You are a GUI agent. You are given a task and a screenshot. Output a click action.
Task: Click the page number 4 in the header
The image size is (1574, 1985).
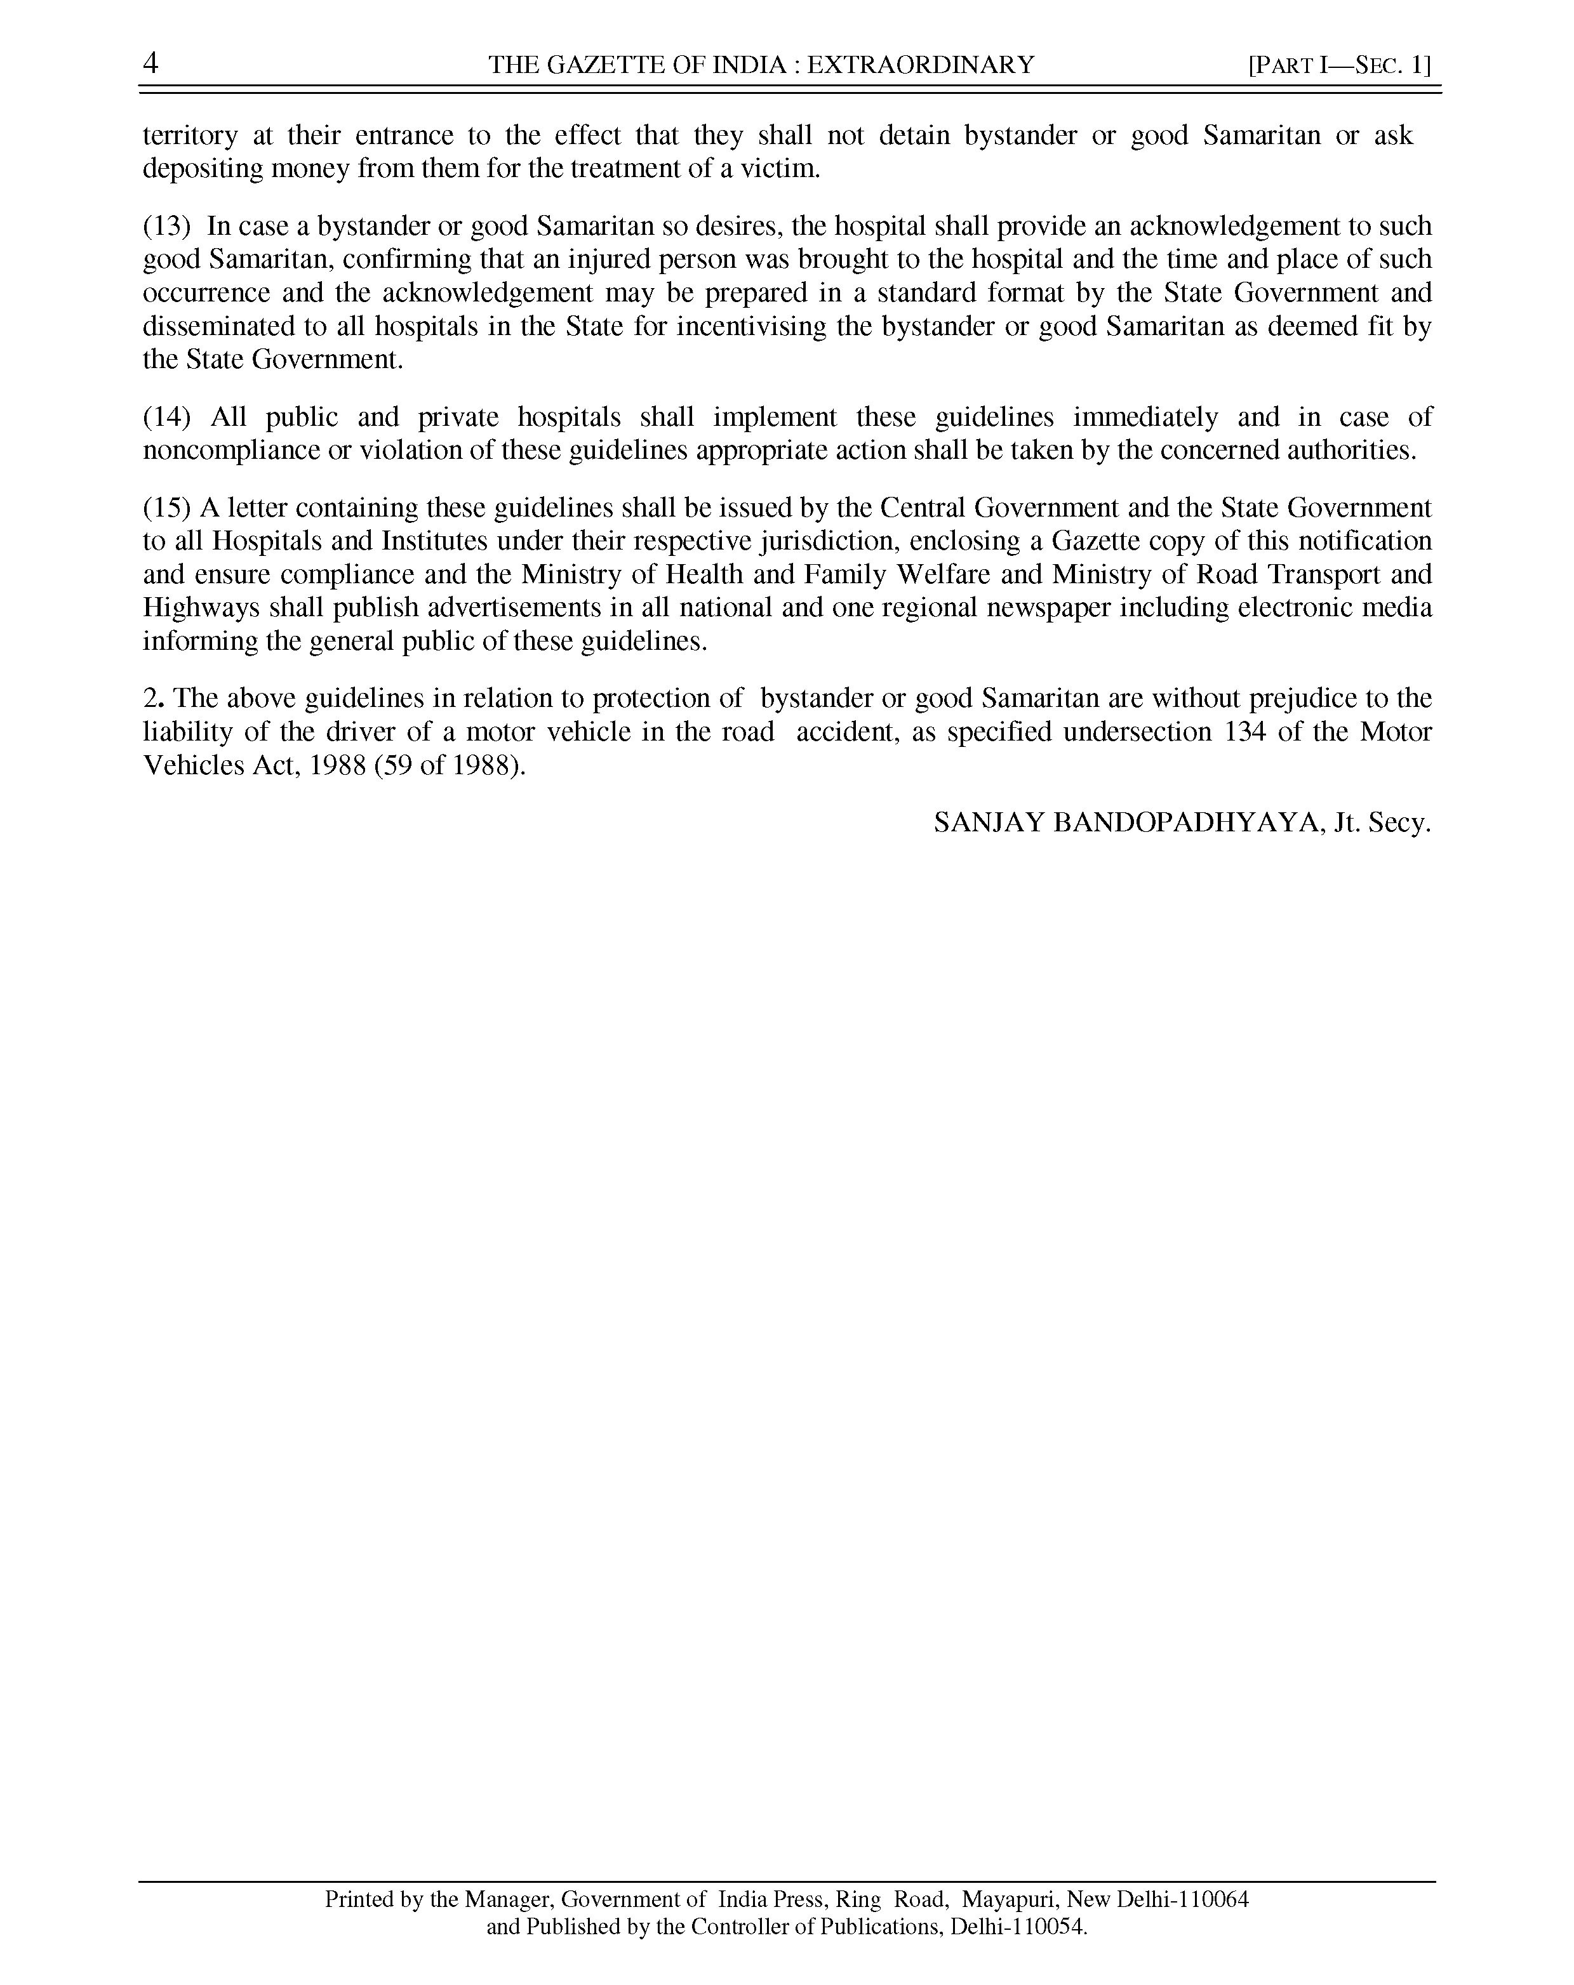click(150, 63)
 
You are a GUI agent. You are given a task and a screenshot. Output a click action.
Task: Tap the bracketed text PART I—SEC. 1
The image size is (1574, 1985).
click(1339, 65)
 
